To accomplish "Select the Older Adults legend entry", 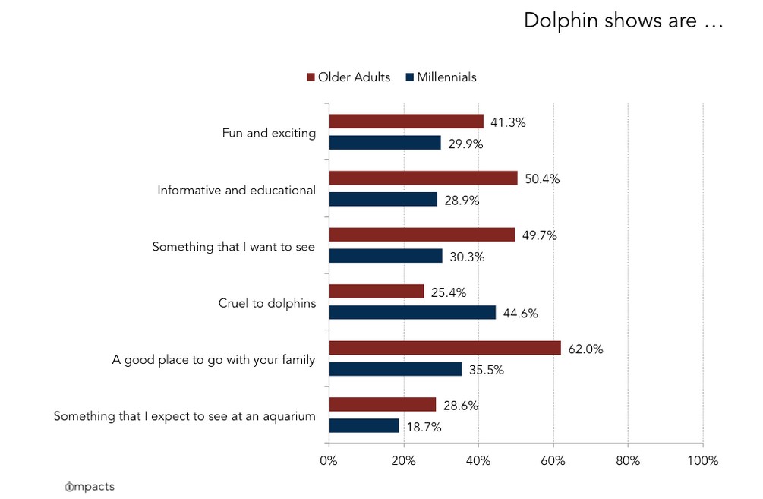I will click(348, 77).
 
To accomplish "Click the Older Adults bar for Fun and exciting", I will click(406, 122).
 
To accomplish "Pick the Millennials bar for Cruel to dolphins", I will click(412, 312).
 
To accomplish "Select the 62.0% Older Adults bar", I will click(445, 348).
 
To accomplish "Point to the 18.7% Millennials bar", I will click(364, 426).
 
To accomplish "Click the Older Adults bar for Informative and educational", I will click(423, 178).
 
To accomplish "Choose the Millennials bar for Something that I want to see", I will click(386, 256).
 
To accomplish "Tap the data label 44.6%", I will click(519, 313).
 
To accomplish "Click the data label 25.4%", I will click(448, 292).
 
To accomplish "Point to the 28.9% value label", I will click(461, 200).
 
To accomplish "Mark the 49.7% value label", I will click(538, 235).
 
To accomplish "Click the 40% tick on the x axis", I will click(478, 460).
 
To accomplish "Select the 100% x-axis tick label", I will click(702, 460).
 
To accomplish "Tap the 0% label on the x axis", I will click(329, 460).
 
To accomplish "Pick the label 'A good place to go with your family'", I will click(213, 360).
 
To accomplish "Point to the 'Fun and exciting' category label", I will click(269, 133).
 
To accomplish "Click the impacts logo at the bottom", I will click(90, 486).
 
